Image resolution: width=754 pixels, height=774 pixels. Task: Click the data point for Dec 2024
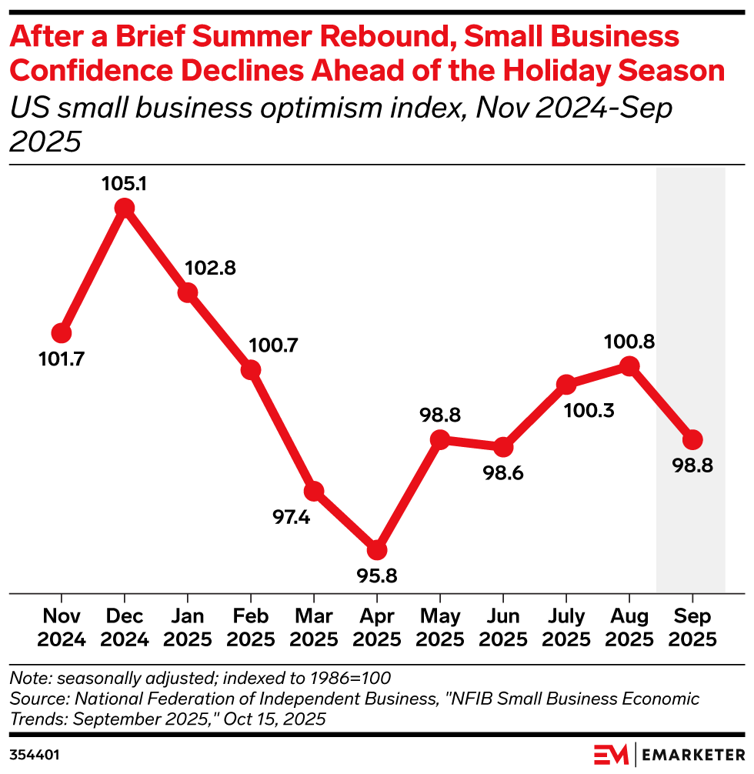pos(124,208)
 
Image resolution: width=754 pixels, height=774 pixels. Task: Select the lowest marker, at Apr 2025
pos(376,550)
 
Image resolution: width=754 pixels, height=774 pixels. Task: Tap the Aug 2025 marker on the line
pos(629,366)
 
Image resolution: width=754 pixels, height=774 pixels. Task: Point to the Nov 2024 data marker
pos(62,333)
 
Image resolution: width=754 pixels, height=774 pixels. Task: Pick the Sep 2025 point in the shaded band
pos(692,439)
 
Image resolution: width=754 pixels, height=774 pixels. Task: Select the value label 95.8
pos(376,575)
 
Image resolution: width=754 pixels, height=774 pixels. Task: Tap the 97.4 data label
pos(291,518)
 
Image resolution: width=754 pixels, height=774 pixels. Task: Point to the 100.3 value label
pos(590,411)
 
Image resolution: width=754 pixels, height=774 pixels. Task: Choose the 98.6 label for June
pos(503,473)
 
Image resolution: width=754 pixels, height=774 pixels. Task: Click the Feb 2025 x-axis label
pos(250,629)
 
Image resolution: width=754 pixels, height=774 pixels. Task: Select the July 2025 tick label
pos(566,629)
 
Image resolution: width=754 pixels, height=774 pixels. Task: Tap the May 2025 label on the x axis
pos(439,629)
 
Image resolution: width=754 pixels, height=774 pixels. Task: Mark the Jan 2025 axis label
pos(187,629)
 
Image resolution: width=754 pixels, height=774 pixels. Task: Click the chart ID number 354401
pos(35,753)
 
